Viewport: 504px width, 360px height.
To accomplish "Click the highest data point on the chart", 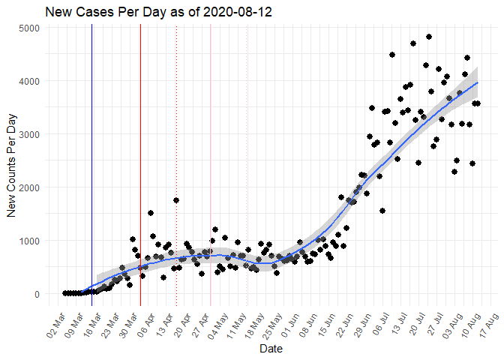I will point(429,37).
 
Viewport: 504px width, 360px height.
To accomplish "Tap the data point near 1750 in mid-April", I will point(176,200).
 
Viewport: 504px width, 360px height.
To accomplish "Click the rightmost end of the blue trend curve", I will point(478,82).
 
